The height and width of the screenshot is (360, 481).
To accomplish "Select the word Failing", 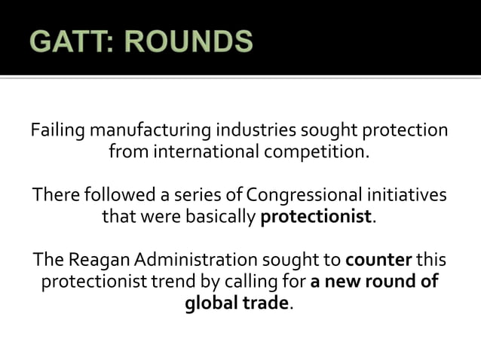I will [x=59, y=130].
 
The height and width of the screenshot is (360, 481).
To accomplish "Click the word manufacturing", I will [x=149, y=130].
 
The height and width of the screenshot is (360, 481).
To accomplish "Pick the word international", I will [x=205, y=152].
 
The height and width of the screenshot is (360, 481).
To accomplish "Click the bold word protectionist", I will [x=316, y=218].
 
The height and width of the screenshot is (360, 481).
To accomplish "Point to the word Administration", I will [x=198, y=261].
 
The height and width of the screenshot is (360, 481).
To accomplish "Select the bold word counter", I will [x=378, y=261].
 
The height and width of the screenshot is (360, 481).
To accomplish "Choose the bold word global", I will [x=208, y=304].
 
